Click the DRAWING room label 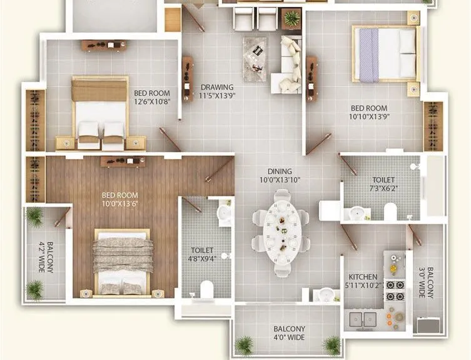[x=216, y=92]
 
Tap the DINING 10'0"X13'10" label [x=279, y=176]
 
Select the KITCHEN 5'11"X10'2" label [x=363, y=280]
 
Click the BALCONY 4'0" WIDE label [x=289, y=333]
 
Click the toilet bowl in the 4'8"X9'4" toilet [x=206, y=289]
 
